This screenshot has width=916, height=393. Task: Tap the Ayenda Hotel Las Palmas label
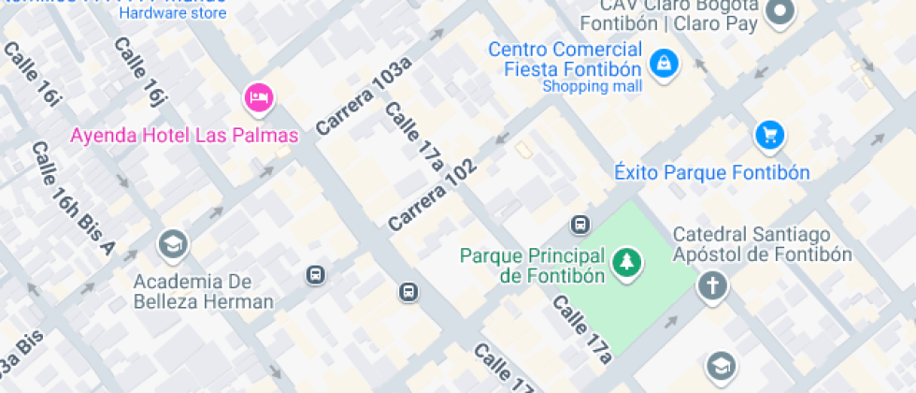(184, 135)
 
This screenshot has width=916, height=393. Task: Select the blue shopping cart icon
(769, 136)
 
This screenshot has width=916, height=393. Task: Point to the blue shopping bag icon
(664, 65)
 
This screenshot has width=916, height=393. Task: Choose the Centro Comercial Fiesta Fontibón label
(565, 59)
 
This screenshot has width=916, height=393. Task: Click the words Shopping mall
(593, 87)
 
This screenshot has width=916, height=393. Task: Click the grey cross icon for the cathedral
(712, 285)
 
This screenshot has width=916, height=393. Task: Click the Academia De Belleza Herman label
(203, 291)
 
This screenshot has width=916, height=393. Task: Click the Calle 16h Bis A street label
(72, 198)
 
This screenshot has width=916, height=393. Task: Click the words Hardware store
(173, 13)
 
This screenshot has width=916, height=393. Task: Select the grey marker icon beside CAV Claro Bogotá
(780, 12)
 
